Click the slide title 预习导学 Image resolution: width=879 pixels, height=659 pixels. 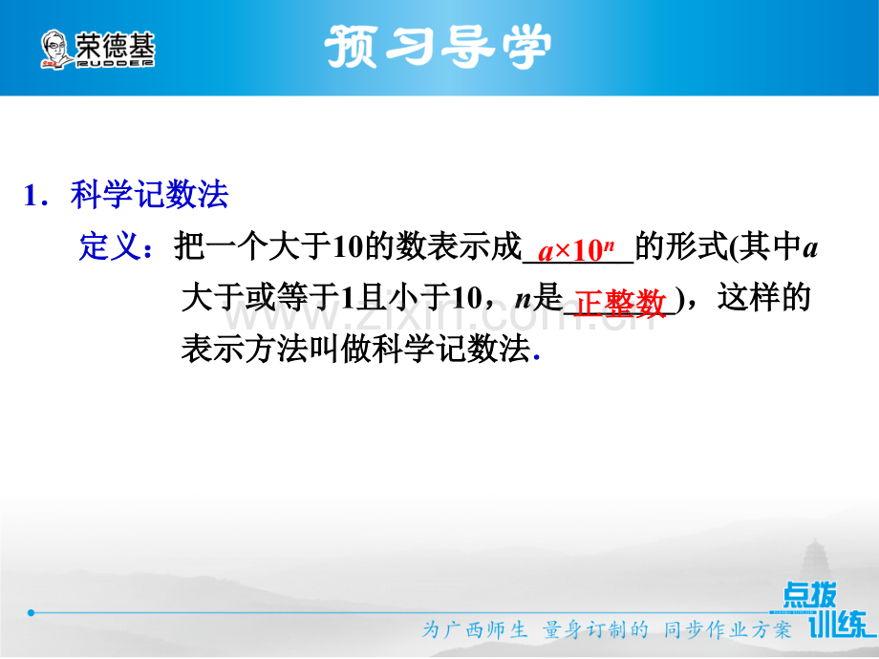(438, 46)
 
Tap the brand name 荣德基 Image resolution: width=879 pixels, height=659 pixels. (115, 45)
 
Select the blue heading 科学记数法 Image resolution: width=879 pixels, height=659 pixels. (150, 195)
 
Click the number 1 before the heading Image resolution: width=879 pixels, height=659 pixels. (32, 196)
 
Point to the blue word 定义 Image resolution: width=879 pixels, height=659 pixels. (110, 245)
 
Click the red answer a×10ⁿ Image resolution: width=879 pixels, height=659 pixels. (576, 250)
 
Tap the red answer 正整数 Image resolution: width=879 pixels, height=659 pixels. (620, 303)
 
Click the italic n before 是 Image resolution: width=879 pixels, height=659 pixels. (523, 300)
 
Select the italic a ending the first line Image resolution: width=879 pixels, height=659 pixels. (810, 248)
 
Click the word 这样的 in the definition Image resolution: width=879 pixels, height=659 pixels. (764, 297)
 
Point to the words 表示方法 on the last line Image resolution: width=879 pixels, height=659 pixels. (244, 349)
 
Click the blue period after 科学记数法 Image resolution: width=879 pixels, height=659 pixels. (537, 356)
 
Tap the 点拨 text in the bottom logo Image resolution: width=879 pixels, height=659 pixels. (809, 595)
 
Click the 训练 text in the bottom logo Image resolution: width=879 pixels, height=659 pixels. (839, 623)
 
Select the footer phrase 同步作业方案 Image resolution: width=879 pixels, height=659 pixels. (727, 629)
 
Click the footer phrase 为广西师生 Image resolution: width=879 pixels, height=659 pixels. (475, 629)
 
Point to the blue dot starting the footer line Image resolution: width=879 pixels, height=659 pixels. (32, 612)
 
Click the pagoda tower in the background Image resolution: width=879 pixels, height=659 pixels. (816, 561)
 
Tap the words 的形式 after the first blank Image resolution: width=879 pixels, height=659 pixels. (681, 245)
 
